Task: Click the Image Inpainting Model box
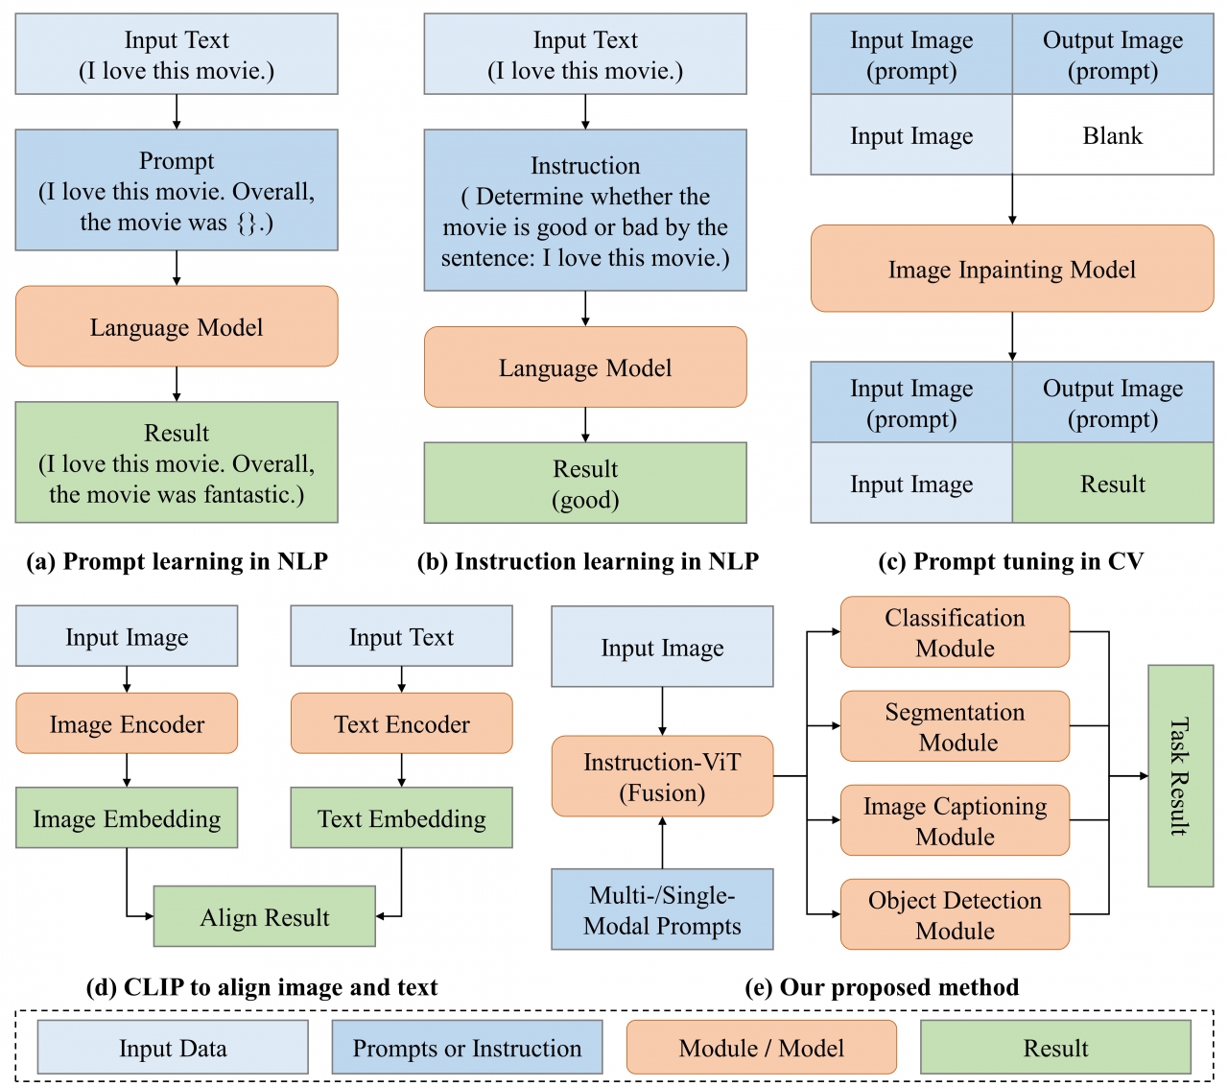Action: click(x=1012, y=269)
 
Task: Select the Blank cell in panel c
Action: click(x=1113, y=135)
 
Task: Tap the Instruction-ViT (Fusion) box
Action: click(x=662, y=776)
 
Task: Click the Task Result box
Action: click(x=1180, y=775)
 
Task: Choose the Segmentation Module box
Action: click(x=955, y=726)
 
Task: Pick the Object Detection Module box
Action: click(x=955, y=914)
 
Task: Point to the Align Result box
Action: click(x=264, y=917)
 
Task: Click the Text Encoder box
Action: click(x=401, y=723)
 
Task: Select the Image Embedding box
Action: click(x=127, y=817)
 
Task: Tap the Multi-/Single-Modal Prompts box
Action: click(x=662, y=909)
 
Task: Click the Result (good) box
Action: click(x=585, y=483)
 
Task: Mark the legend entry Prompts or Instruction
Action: click(x=466, y=1048)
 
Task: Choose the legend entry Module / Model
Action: click(x=761, y=1048)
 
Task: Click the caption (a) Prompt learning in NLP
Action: click(x=177, y=561)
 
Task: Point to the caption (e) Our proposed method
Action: click(x=882, y=987)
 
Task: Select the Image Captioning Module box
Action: click(x=955, y=820)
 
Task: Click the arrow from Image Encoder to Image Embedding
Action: click(x=127, y=770)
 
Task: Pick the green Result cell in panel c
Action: click(x=1113, y=484)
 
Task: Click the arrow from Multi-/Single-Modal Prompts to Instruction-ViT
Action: click(x=662, y=842)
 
